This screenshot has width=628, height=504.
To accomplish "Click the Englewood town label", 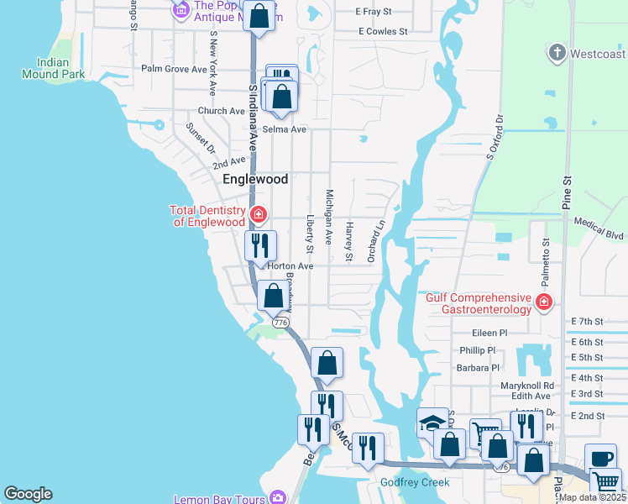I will pyautogui.click(x=255, y=180).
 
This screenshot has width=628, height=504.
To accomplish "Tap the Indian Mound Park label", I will pyautogui.click(x=61, y=68).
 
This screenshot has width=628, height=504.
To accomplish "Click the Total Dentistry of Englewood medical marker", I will pyautogui.click(x=259, y=215).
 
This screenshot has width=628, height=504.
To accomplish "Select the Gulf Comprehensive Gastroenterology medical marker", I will pyautogui.click(x=544, y=302).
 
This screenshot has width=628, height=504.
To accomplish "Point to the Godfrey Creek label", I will pyautogui.click(x=416, y=482).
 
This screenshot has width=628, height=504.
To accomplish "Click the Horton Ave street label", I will pyautogui.click(x=290, y=266).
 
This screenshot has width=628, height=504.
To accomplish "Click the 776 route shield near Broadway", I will pyautogui.click(x=279, y=323).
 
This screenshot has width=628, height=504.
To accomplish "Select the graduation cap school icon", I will pyautogui.click(x=432, y=422).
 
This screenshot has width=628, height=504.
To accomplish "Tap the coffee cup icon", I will pyautogui.click(x=599, y=458).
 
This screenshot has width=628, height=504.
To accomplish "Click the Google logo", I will pyautogui.click(x=28, y=494).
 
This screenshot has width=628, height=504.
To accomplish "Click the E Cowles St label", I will pyautogui.click(x=382, y=32).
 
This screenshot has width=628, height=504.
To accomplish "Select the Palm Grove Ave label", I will pyautogui.click(x=174, y=69).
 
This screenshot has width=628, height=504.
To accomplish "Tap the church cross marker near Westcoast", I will pyautogui.click(x=556, y=54).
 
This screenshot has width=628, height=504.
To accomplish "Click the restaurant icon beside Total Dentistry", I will pyautogui.click(x=260, y=245).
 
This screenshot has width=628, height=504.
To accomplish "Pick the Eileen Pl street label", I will pyautogui.click(x=490, y=333).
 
